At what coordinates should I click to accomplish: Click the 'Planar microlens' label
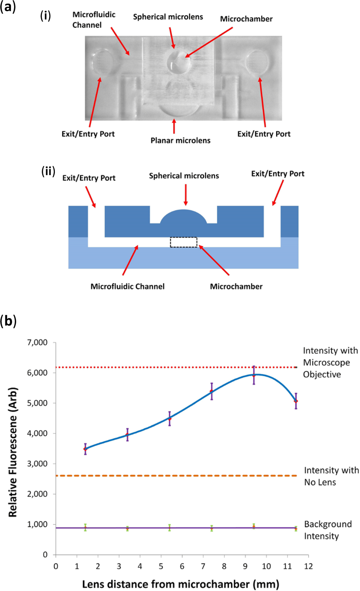tap(180, 140)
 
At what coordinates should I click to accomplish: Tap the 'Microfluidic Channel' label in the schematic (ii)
tap(127, 286)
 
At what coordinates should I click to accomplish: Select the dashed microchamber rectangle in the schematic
tap(184, 242)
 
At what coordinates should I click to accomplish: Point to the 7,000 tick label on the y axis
tap(37, 342)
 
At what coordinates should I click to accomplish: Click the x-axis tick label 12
tap(308, 566)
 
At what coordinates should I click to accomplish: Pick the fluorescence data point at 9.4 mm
tap(254, 375)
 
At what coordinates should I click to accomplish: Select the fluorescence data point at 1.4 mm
tap(85, 449)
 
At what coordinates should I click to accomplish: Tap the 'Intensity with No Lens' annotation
tap(331, 476)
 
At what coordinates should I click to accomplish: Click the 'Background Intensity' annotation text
tap(328, 530)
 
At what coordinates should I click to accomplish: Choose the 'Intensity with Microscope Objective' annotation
tap(330, 362)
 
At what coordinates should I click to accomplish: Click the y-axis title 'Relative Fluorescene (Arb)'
tap(13, 452)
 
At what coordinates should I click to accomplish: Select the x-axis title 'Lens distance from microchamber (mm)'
tap(180, 584)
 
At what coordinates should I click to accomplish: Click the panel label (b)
tap(8, 321)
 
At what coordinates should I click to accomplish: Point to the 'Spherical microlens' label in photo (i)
tap(168, 17)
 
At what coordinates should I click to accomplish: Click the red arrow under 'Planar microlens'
tap(174, 126)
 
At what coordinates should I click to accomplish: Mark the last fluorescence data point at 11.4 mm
tap(296, 401)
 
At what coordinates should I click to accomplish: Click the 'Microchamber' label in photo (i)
tap(246, 19)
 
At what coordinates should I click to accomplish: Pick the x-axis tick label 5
tap(161, 566)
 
